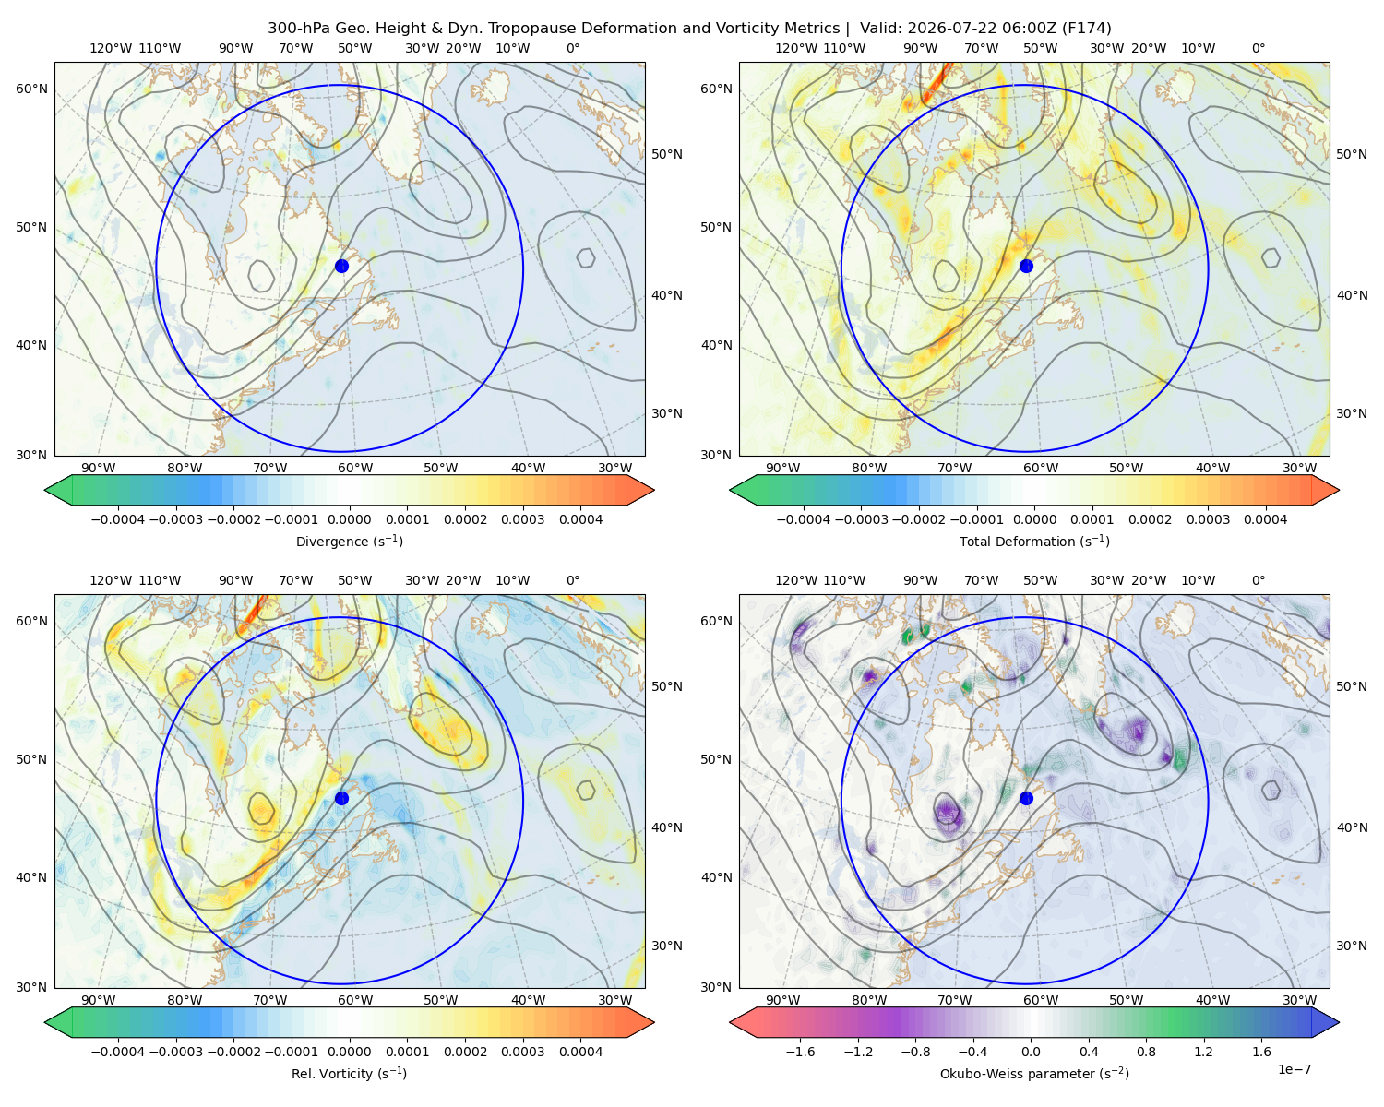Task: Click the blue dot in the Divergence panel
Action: coord(341,266)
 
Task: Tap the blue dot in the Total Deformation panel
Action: coord(1026,266)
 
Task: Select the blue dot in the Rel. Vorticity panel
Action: coord(341,798)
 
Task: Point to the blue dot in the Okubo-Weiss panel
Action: coord(1026,798)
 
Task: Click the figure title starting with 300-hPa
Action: coord(689,28)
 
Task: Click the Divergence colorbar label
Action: coord(349,541)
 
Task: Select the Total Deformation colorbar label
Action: coord(1034,541)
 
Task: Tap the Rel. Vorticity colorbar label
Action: coord(349,1073)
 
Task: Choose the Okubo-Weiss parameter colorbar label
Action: coord(1034,1073)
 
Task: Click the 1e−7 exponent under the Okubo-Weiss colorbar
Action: coord(1294,1069)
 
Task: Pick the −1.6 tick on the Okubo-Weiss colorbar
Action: coord(801,1051)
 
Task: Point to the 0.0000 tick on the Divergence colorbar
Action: coord(349,519)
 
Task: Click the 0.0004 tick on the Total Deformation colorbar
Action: coord(1265,519)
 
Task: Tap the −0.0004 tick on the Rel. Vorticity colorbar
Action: coord(118,1051)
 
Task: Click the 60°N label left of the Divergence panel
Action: coord(31,89)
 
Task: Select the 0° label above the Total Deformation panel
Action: coord(1258,48)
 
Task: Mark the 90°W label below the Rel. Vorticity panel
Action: coord(99,1000)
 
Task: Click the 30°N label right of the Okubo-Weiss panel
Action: coord(1351,945)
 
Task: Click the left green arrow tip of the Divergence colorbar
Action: coord(45,490)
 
